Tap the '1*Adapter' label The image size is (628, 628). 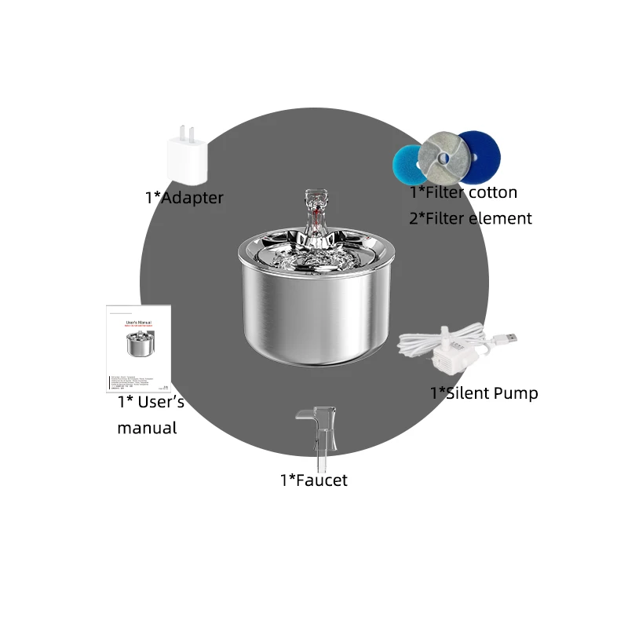coord(184,197)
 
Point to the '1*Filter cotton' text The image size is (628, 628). coord(463,192)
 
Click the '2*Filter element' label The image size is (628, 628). coord(470,217)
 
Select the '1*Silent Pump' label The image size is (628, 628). coord(484,392)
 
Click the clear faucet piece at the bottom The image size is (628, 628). coord(319,430)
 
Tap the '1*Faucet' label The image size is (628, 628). coord(313,480)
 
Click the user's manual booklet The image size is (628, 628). coord(139,349)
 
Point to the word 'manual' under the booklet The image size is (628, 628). coord(147,428)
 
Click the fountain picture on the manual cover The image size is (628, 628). coord(138,344)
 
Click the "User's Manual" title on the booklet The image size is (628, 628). coord(138,322)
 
